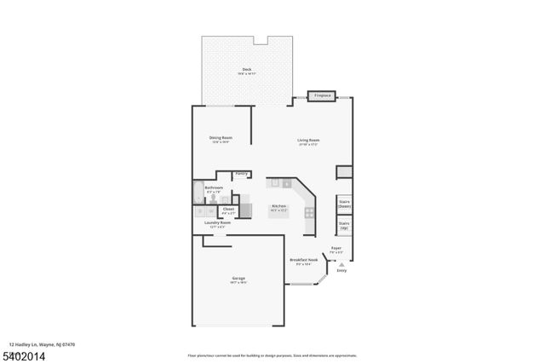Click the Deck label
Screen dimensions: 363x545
247,71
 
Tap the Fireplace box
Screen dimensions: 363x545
322,96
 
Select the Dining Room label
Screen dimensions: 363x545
221,139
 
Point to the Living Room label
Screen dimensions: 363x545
308,141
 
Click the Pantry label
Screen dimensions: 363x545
241,173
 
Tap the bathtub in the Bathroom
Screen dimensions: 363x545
198,192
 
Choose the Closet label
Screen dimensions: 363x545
228,210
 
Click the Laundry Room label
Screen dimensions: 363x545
219,224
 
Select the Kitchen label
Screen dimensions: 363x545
278,207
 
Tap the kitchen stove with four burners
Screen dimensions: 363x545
310,212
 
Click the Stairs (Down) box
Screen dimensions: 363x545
345,205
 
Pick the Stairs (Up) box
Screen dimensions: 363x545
345,228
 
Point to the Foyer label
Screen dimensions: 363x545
336,250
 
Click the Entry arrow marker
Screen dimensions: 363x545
341,265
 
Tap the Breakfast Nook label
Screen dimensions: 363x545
303,262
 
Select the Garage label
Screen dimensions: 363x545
238,279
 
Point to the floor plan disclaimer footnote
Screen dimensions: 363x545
272,355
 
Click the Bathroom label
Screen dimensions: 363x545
214,188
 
